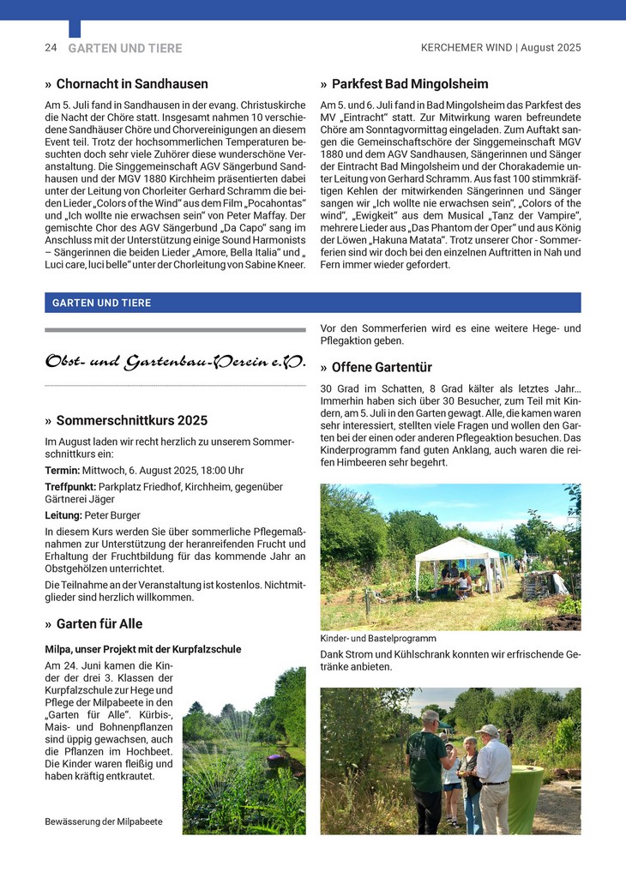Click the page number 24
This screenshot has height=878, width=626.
pyautogui.click(x=51, y=48)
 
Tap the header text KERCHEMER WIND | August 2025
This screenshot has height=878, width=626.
pyautogui.click(x=500, y=48)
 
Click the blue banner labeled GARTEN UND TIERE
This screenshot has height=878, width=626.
pyautogui.click(x=312, y=303)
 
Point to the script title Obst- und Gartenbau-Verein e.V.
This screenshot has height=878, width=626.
pyautogui.click(x=175, y=362)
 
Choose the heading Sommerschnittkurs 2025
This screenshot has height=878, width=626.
pyautogui.click(x=132, y=421)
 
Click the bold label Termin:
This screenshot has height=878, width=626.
pyautogui.click(x=63, y=471)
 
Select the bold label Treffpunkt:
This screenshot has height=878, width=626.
pyautogui.click(x=70, y=487)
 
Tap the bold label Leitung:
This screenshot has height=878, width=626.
pyautogui.click(x=63, y=515)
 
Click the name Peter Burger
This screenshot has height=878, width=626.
pyautogui.click(x=113, y=515)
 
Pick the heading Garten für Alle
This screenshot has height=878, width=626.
pyautogui.click(x=99, y=623)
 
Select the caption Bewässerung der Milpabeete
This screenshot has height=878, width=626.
pyautogui.click(x=103, y=821)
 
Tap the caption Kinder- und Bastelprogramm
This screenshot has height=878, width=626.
pyautogui.click(x=378, y=639)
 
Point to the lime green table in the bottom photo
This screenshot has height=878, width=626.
pyautogui.click(x=525, y=797)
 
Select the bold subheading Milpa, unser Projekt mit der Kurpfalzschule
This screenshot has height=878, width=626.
pyautogui.click(x=142, y=649)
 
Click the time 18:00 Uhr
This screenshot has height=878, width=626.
pyautogui.click(x=222, y=471)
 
